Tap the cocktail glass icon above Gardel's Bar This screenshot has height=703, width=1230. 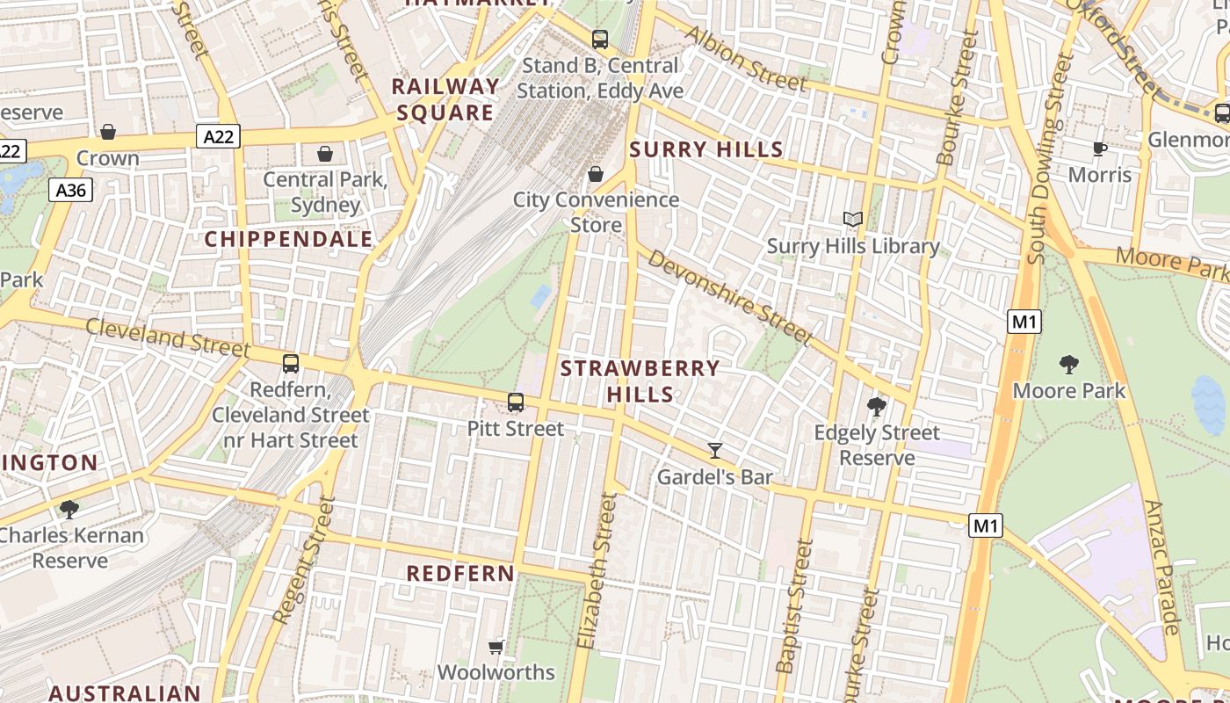coord(715,451)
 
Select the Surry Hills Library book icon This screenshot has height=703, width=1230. coord(852,219)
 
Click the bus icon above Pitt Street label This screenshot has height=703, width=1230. coord(516,402)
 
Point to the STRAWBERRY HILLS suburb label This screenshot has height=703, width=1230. coord(640,380)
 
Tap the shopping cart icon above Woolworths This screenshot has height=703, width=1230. coord(496,647)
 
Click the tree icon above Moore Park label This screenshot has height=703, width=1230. coord(1069,364)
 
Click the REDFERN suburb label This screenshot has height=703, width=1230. coord(460,574)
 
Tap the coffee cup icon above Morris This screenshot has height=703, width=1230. coord(1100,149)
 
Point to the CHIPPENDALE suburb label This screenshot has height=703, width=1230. coord(288,239)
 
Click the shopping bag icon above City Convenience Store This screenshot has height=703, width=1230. coord(596,174)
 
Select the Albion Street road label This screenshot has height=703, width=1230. coord(746,59)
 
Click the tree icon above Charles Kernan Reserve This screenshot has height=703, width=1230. coord(69,509)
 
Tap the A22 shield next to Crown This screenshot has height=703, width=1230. coord(218,136)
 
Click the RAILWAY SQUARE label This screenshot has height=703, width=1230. coord(445,99)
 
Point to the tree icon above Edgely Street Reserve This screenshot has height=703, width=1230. coord(876,406)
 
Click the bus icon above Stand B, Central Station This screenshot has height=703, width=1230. coord(600,39)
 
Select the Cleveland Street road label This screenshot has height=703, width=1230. coord(168,337)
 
